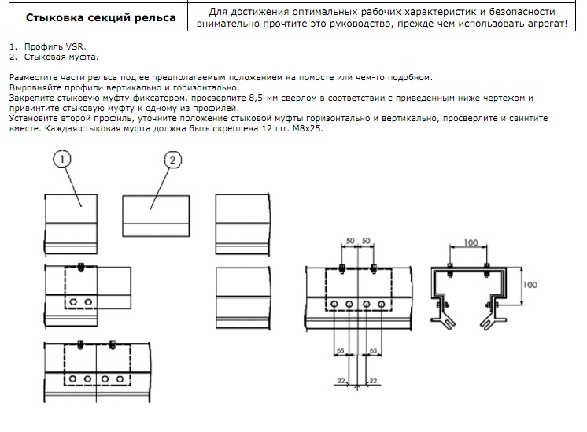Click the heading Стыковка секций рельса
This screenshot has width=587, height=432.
[x=101, y=17]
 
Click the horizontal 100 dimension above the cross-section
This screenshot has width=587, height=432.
[x=471, y=242]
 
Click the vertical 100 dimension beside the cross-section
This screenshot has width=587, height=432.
[x=530, y=285]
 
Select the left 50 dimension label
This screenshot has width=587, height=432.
[x=350, y=241]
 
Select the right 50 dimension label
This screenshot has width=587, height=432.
[x=366, y=241]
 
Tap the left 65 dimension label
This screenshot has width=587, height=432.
[x=340, y=350]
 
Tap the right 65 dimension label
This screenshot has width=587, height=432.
[x=373, y=350]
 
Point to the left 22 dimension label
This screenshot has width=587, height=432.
[x=341, y=381]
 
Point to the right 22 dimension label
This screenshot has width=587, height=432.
[x=373, y=381]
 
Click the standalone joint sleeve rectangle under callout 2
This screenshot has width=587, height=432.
[x=156, y=216]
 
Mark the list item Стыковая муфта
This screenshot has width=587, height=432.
[x=61, y=57]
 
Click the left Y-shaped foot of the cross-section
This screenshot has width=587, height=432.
[x=444, y=323]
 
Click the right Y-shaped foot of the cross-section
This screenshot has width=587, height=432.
[x=493, y=323]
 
